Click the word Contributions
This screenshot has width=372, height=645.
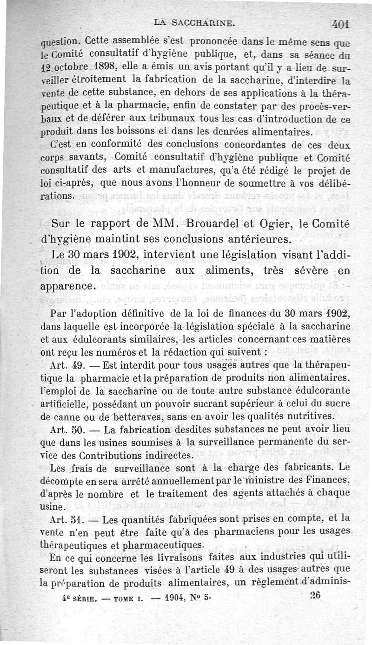point(121,454)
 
